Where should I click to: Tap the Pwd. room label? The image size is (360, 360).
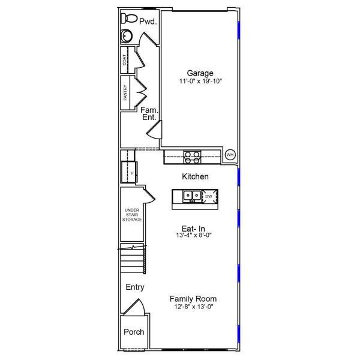pos(148,22)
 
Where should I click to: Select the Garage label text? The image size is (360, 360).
pos(200,73)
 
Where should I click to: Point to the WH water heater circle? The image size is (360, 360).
pos(230,155)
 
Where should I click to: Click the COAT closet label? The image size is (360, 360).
pos(125,60)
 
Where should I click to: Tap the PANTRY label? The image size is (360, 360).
pos(125,93)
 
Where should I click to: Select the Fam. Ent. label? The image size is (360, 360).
pos(149,113)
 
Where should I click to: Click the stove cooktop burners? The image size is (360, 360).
pos(192,157)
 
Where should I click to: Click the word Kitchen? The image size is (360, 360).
pos(195,176)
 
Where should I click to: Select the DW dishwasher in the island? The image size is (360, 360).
pos(209,196)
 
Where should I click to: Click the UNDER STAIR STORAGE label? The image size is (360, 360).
pos(132,215)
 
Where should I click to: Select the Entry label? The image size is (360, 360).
pos(135,287)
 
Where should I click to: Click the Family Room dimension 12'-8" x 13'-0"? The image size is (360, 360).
pos(193,307)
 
